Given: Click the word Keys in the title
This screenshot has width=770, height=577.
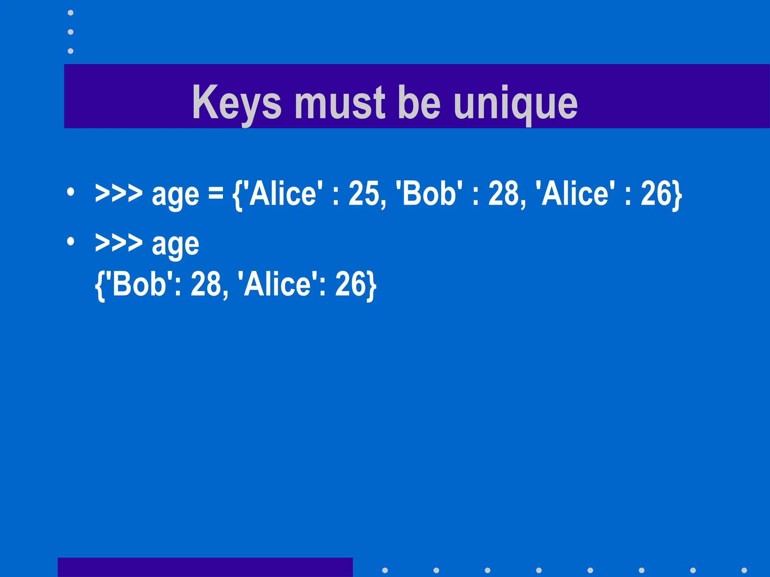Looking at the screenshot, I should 236,102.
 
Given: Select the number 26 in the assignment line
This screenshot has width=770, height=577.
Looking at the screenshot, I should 656,194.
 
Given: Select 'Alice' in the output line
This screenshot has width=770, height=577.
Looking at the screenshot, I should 277,284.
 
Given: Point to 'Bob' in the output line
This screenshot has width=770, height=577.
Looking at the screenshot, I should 139,284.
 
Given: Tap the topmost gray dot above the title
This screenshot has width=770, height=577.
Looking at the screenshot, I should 71,13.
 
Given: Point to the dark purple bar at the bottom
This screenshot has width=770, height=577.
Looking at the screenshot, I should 205,567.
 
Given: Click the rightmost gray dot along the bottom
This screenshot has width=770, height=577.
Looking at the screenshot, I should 744,570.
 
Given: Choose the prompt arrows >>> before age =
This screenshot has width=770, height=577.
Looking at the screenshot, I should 119,194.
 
